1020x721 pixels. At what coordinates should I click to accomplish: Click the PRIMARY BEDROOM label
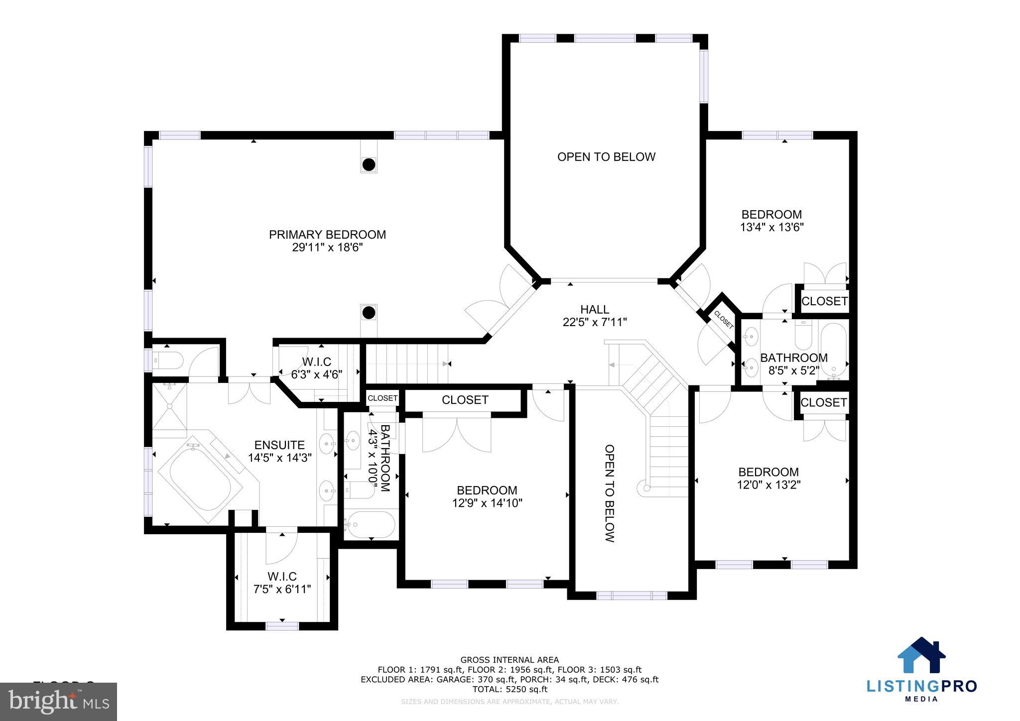click(x=327, y=235)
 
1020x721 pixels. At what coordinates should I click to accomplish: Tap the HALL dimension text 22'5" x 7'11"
click(x=595, y=323)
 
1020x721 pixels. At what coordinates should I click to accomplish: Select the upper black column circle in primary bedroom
click(x=369, y=164)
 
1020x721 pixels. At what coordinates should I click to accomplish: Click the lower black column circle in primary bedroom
click(x=369, y=313)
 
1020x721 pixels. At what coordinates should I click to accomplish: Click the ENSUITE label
click(x=279, y=445)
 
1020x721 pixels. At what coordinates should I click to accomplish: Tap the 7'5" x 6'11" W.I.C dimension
click(x=282, y=590)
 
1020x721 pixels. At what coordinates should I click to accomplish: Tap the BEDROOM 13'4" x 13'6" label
click(x=771, y=215)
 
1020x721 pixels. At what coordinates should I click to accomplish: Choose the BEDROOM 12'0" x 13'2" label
click(x=768, y=472)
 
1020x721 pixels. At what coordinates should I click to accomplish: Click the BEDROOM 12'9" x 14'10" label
click(x=487, y=490)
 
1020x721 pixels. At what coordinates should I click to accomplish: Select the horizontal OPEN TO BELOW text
click(x=606, y=157)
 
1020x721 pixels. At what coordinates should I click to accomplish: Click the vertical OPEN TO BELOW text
click(x=609, y=493)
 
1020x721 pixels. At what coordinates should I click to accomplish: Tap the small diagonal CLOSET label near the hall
click(x=723, y=320)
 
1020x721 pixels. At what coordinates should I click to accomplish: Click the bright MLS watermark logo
click(x=59, y=701)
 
